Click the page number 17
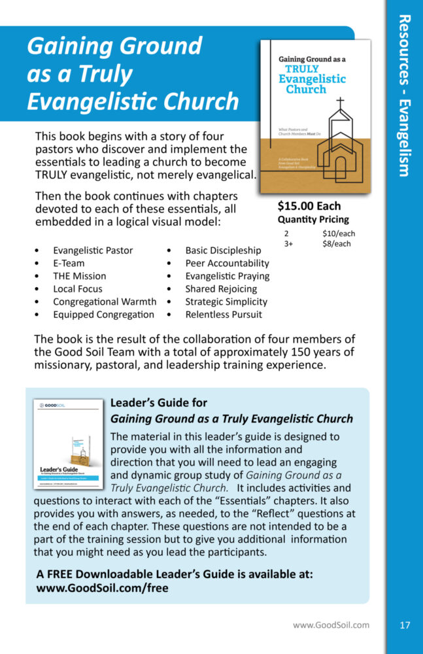click(x=405, y=625)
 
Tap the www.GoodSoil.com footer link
click(x=331, y=625)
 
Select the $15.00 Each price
click(x=309, y=206)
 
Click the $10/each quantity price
click(x=339, y=233)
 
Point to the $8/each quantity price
click(x=337, y=244)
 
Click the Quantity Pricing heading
click(x=313, y=220)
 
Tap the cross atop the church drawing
click(x=340, y=103)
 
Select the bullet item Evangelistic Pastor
click(x=93, y=250)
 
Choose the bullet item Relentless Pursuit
click(x=223, y=315)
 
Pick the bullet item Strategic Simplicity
click(x=226, y=301)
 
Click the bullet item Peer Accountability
click(x=227, y=263)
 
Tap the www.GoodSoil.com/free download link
click(x=103, y=588)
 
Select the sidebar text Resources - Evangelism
click(x=405, y=95)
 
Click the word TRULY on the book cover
click(x=302, y=68)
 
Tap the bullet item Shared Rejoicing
click(x=221, y=289)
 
